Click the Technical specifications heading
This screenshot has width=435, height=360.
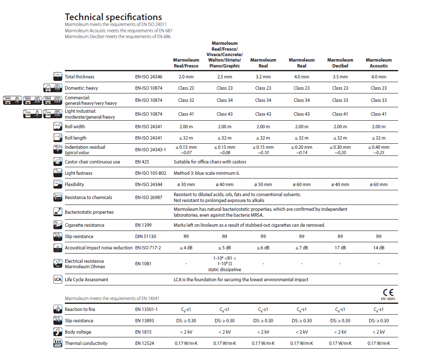tap(113, 17)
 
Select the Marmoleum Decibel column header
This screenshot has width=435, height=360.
tap(340, 63)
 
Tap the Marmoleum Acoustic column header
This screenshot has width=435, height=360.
tap(378, 63)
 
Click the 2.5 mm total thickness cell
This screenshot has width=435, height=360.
tap(224, 77)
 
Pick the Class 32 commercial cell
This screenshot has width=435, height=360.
tap(186, 100)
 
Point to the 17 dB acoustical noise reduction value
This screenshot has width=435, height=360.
tap(340, 248)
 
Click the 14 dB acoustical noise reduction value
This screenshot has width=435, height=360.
tap(378, 248)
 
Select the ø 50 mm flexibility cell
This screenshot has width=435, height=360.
tap(263, 184)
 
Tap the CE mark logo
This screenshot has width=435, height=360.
tap(388, 293)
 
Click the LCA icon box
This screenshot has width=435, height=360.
tap(58, 280)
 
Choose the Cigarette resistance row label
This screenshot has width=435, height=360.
tap(85, 225)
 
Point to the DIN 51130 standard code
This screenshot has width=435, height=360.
tap(145, 236)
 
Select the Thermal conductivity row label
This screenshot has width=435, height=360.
tap(86, 343)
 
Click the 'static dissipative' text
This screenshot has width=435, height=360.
tap(224, 269)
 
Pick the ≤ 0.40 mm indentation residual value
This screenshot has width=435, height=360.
tap(378, 147)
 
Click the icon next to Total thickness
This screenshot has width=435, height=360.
tap(58, 77)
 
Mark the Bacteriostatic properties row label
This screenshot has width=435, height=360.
tap(89, 212)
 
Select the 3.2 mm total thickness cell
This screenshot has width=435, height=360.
tap(263, 77)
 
